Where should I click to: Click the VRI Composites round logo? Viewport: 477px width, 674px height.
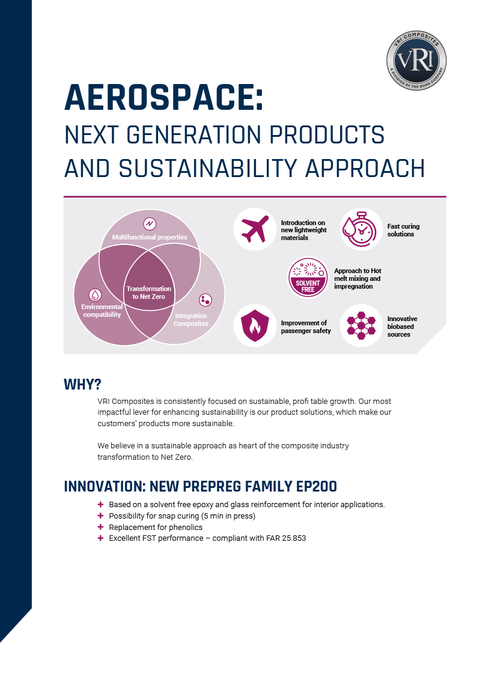(416, 61)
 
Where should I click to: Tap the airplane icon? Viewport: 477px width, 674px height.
(255, 229)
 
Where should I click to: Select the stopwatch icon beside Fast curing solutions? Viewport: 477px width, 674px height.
(360, 229)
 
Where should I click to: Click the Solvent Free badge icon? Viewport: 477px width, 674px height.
(308, 277)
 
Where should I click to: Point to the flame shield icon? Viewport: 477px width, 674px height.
(255, 325)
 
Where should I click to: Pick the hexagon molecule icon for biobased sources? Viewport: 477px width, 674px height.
(361, 325)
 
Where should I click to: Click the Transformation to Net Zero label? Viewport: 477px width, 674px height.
(149, 293)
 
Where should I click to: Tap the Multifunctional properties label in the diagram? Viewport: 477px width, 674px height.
(150, 237)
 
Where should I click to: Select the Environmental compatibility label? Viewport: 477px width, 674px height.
(102, 310)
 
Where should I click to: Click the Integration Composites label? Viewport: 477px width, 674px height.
(191, 319)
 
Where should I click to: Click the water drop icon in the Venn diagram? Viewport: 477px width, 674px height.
(95, 295)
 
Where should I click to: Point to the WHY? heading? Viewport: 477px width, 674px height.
(82, 384)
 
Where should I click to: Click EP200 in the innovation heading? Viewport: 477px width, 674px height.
(317, 486)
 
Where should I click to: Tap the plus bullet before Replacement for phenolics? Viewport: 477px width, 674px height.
(101, 526)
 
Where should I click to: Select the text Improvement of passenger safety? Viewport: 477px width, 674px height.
(306, 326)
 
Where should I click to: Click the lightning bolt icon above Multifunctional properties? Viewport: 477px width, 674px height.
(149, 224)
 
